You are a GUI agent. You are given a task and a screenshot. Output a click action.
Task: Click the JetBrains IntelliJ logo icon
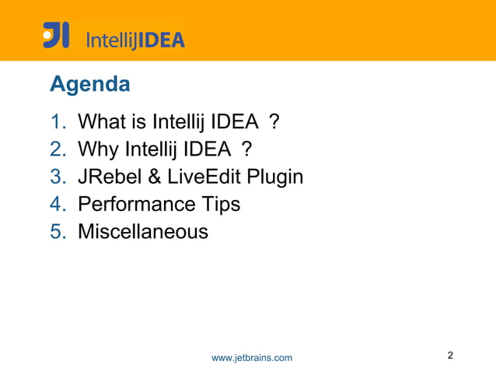(x=56, y=36)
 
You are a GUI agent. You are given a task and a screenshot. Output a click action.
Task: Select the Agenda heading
(x=89, y=84)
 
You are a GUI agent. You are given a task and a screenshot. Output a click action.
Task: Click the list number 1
(x=59, y=122)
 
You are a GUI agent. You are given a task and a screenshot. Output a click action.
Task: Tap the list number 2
(x=59, y=149)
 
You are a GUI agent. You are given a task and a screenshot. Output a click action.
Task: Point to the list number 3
(x=59, y=177)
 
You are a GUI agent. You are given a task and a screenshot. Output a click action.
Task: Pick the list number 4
(x=59, y=204)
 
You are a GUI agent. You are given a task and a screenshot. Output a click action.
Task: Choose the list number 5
(x=59, y=231)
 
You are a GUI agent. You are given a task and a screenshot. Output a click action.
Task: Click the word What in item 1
(x=103, y=122)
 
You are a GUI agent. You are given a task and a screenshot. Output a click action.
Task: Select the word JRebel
(x=108, y=177)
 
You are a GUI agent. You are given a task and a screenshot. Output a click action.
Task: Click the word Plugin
(x=274, y=177)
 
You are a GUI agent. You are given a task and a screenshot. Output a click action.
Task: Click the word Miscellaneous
(x=143, y=231)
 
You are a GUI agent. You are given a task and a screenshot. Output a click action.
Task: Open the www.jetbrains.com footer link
(x=252, y=357)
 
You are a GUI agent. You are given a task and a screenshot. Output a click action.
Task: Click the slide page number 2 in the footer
(x=451, y=356)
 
